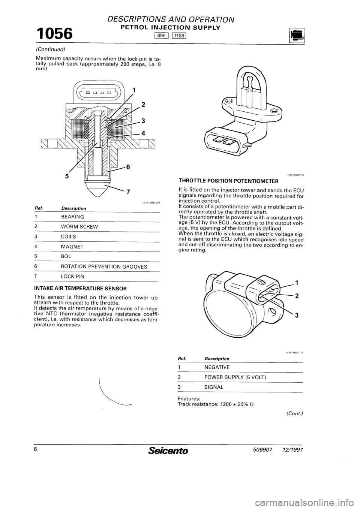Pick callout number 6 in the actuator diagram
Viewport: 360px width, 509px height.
coord(128,168)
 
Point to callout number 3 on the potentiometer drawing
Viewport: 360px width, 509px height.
coord(296,316)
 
